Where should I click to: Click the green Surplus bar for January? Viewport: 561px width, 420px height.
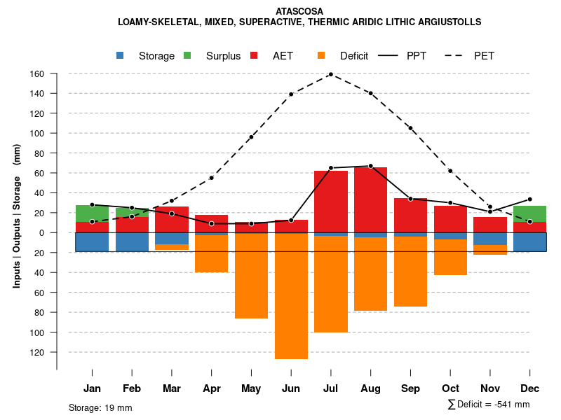click(92, 213)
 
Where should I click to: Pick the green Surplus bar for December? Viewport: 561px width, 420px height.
click(530, 214)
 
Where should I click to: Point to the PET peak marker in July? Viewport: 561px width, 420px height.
click(331, 74)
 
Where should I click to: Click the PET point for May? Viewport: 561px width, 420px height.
click(251, 137)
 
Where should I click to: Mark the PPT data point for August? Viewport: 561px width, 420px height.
click(371, 166)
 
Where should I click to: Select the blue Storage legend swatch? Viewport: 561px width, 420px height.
click(121, 56)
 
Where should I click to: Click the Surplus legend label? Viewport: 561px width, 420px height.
click(223, 56)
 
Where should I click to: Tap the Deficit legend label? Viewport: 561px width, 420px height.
click(354, 56)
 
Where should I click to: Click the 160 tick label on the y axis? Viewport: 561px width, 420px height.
click(37, 73)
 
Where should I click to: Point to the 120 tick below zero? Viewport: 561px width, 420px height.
click(37, 352)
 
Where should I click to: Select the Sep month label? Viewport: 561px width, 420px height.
click(410, 388)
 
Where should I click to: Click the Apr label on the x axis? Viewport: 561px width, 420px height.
click(211, 388)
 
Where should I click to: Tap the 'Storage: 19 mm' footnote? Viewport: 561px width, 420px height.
click(100, 407)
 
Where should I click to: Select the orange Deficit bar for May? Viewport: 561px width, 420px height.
click(251, 276)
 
